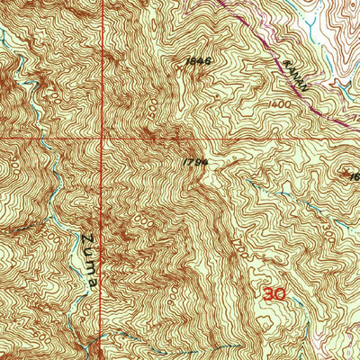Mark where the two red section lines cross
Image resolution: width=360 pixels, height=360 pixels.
pyautogui.click(x=103, y=138)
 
